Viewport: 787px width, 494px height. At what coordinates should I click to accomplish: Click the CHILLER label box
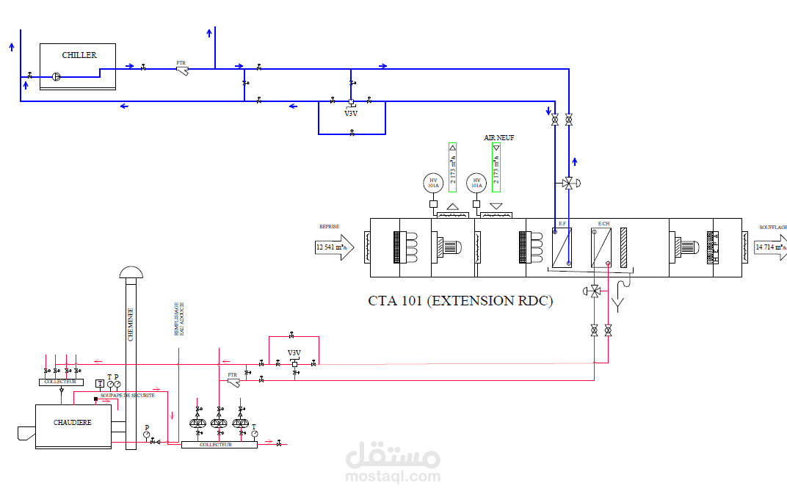tap(79, 55)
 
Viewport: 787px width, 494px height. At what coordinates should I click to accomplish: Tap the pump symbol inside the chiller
tap(57, 75)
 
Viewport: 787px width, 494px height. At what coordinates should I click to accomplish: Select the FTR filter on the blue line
tap(182, 69)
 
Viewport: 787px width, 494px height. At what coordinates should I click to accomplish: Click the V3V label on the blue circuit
tap(351, 113)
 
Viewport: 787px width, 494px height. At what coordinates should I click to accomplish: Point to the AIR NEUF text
tap(498, 137)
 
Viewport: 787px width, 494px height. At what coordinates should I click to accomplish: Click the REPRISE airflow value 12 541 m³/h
tap(331, 247)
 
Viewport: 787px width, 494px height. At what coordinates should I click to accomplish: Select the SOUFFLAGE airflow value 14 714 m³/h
tap(770, 247)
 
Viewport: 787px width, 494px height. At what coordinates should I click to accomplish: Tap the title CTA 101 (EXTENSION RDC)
tap(460, 300)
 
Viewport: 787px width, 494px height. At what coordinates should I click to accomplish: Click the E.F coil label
tap(562, 222)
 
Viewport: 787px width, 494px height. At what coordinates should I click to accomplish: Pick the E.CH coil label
tap(603, 222)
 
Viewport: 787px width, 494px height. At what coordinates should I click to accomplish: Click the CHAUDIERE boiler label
tap(73, 423)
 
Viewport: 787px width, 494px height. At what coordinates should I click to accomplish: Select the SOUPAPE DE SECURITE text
tap(128, 395)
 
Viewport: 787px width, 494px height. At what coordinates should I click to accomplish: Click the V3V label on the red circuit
tap(294, 353)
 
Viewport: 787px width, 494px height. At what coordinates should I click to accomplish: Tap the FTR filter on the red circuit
tap(233, 381)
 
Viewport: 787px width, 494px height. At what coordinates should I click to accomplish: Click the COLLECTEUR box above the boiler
tap(60, 382)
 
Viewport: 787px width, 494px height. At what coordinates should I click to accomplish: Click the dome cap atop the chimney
tap(131, 272)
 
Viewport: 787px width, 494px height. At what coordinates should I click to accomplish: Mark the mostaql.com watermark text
tap(393, 477)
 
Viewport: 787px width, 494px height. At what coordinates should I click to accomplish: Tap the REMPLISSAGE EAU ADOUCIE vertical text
tap(178, 319)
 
